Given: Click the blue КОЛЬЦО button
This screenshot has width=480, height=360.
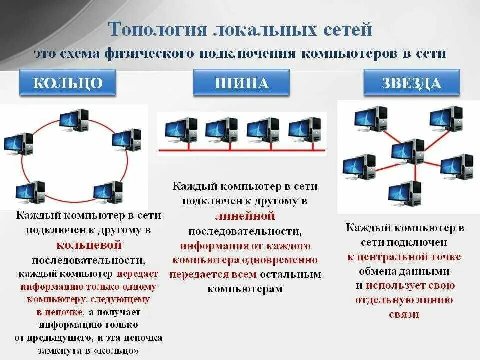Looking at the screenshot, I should coord(68,82).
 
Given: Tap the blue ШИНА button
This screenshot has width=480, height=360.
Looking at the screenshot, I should coord(241,82).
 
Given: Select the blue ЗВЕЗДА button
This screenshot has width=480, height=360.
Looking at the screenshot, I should coord(411,82).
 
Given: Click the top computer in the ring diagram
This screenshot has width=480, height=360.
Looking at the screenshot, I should coord(74,120).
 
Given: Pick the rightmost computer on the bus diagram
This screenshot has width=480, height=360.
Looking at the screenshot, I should coord(305,130).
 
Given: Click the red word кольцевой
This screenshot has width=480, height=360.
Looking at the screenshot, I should coord(89,245).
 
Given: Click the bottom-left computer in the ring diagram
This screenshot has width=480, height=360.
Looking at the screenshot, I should coord(30,193).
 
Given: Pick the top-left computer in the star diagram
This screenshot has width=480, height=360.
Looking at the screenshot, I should coord(371,118).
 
